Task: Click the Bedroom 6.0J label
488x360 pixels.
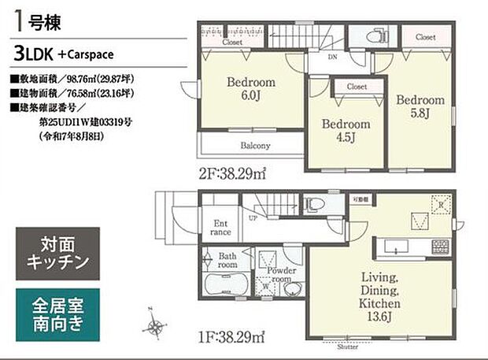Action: (251, 88)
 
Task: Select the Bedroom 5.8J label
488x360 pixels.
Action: (420, 107)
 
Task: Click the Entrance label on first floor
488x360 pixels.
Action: (222, 228)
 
